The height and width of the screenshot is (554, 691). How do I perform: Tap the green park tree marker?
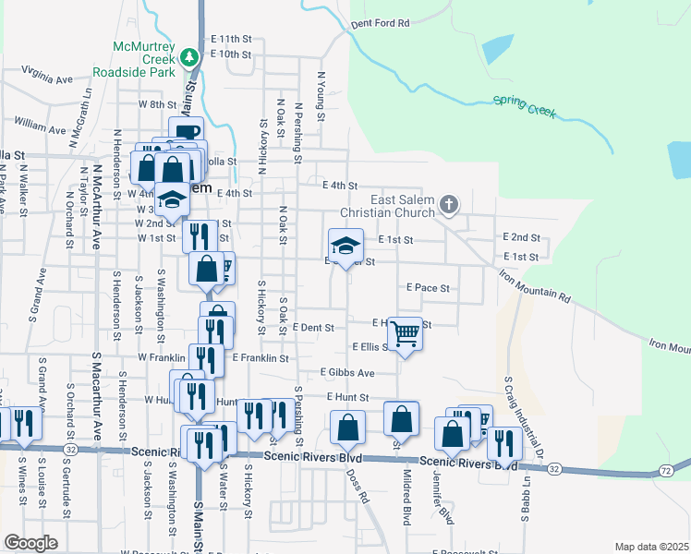[190, 57]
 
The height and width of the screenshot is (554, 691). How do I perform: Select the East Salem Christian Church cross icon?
[449, 204]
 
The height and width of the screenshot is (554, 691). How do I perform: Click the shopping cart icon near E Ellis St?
[406, 334]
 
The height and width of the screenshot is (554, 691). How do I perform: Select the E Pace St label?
[427, 288]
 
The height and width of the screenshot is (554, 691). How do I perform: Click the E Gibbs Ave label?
[347, 373]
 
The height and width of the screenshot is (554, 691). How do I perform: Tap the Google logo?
[30, 543]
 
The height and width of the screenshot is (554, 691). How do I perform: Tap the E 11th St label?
[231, 39]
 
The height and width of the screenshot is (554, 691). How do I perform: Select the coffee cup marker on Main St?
[186, 132]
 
